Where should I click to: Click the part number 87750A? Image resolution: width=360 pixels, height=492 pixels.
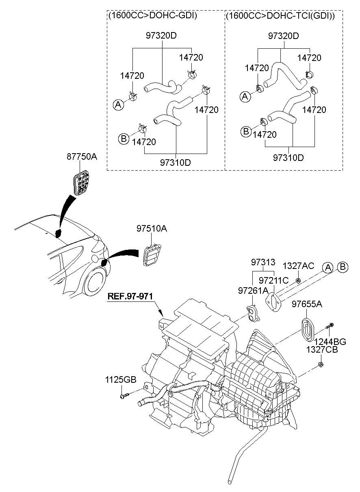click(x=82, y=157)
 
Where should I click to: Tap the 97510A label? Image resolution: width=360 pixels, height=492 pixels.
click(x=151, y=229)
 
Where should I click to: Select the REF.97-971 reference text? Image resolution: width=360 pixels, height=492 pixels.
click(x=130, y=296)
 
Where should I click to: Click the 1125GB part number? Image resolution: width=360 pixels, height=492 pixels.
click(x=121, y=380)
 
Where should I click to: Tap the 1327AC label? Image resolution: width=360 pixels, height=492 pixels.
click(x=298, y=266)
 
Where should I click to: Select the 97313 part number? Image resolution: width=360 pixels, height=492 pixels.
click(x=263, y=262)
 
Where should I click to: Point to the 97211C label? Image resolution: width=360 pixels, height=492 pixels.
click(x=273, y=280)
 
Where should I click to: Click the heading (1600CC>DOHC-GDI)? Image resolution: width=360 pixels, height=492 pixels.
click(x=152, y=16)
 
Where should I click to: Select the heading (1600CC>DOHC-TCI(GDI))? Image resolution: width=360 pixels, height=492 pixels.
click(x=280, y=16)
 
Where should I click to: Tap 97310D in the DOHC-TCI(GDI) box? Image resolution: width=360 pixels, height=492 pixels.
click(x=288, y=157)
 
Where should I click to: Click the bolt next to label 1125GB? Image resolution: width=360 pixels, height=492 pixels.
click(x=124, y=394)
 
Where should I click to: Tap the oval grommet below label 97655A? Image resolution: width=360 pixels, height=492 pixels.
click(x=306, y=329)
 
